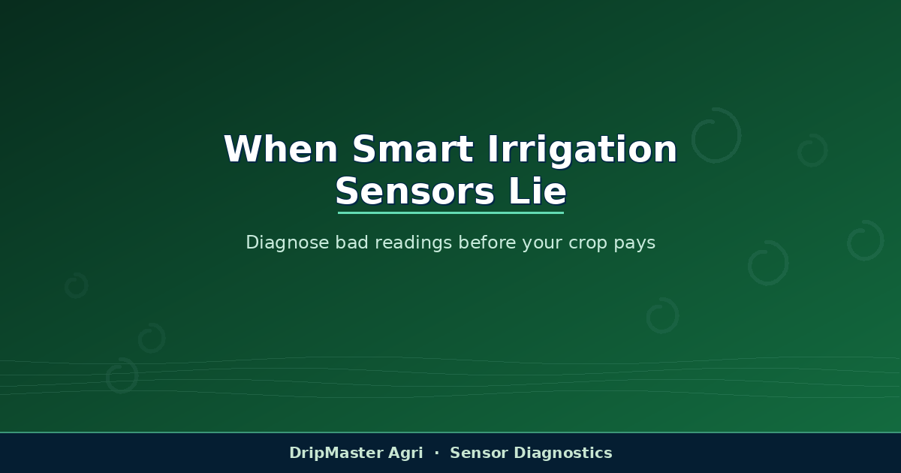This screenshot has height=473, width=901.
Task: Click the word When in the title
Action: [x=281, y=149]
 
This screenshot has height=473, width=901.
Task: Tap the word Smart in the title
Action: [x=413, y=149]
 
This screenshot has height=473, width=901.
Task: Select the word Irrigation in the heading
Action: [x=583, y=151]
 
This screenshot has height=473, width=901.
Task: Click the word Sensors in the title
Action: [x=414, y=191]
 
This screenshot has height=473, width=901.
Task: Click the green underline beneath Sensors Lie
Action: [x=450, y=212]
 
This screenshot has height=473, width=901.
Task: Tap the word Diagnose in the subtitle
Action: [x=288, y=243]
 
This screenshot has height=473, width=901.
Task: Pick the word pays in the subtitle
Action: [x=634, y=244]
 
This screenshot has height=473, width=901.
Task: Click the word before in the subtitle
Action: [x=487, y=242]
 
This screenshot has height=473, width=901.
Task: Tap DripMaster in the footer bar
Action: [x=336, y=453]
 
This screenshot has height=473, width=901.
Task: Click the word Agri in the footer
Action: [x=405, y=453]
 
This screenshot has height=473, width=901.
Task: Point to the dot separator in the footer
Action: [x=437, y=453]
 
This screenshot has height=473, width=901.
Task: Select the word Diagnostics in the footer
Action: [x=563, y=453]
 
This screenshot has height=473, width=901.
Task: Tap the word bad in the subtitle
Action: [x=352, y=242]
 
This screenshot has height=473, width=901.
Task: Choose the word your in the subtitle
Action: [x=542, y=244]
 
